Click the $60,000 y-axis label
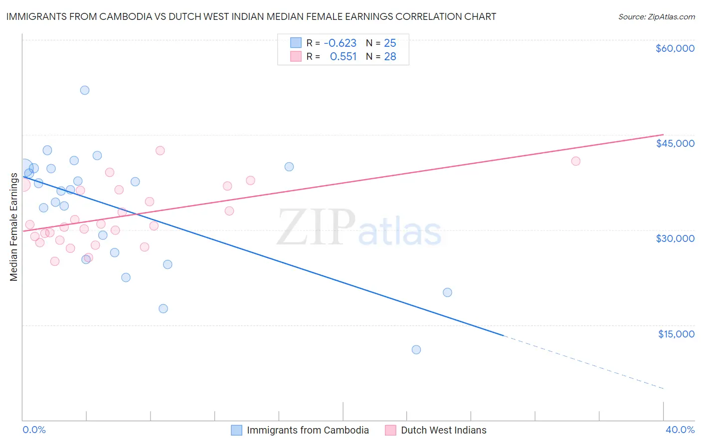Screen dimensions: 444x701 (x=675, y=48)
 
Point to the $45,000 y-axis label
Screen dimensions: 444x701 (x=675, y=143)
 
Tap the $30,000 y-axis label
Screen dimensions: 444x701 (x=675, y=238)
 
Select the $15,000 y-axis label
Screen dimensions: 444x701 (x=676, y=334)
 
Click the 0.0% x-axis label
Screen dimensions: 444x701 (x=34, y=430)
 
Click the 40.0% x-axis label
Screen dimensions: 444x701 (x=680, y=430)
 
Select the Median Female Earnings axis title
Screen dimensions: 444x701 (x=14, y=227)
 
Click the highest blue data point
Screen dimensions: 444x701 (x=85, y=90)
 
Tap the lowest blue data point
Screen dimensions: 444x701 (x=416, y=349)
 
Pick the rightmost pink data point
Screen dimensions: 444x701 (x=576, y=161)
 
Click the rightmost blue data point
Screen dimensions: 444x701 (x=447, y=292)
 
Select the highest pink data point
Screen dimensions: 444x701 (x=160, y=150)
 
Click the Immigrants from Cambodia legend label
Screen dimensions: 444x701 (x=308, y=430)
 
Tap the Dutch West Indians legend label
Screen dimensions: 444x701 (x=443, y=430)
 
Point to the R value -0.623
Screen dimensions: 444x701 (x=340, y=43)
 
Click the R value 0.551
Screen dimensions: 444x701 (x=343, y=57)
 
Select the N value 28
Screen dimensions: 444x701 (x=390, y=57)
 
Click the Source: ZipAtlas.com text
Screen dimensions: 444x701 (x=656, y=17)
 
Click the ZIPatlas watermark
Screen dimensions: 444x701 (x=359, y=228)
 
